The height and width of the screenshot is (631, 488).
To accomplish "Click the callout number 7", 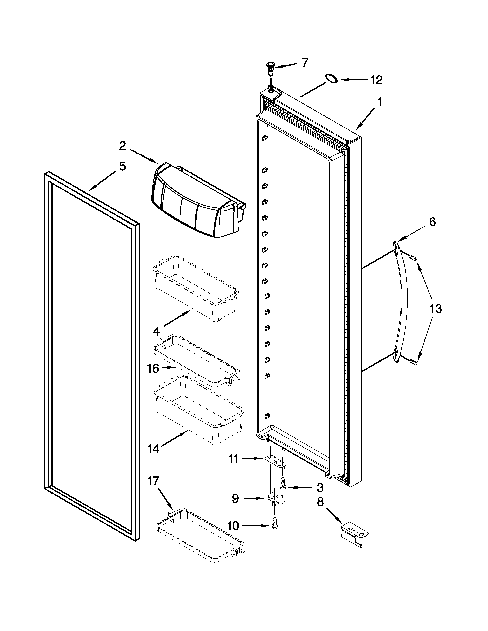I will coord(305,63).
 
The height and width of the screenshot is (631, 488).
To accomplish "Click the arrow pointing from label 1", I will coord(364,119).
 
